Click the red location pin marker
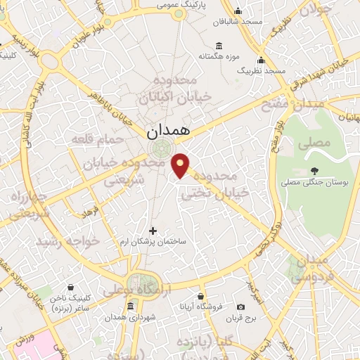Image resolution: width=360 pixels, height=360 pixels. click(181, 165)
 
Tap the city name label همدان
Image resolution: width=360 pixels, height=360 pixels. click(169, 131)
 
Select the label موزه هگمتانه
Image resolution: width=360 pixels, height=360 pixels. click(219, 56)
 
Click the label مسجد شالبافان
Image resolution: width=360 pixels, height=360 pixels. click(239, 22)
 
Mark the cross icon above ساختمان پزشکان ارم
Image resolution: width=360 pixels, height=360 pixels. click(153, 230)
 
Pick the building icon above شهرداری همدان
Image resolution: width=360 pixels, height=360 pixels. click(131, 307)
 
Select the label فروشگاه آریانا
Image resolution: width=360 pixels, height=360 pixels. click(202, 307)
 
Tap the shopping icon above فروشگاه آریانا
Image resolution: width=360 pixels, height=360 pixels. click(201, 296)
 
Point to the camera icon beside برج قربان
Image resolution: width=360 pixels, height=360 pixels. click(241, 307)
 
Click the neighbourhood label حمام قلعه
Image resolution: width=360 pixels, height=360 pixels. click(97, 140)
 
